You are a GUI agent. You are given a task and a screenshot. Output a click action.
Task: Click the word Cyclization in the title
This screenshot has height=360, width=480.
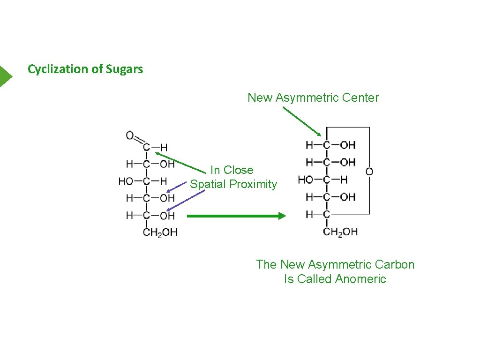[58, 69]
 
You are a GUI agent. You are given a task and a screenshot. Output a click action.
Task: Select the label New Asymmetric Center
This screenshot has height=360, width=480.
[313, 97]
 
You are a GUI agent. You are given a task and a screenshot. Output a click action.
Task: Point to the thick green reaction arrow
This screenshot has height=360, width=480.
[236, 216]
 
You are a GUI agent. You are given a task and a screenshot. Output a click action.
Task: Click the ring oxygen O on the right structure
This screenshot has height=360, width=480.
[369, 172]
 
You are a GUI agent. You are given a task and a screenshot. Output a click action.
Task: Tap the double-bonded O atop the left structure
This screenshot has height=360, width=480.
[130, 136]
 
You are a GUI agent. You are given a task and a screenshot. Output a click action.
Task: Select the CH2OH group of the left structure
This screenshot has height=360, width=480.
[160, 232]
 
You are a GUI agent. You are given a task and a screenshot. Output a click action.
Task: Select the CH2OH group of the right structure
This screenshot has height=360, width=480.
[340, 231]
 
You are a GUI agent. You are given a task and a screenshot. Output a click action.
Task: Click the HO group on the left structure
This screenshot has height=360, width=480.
[126, 181]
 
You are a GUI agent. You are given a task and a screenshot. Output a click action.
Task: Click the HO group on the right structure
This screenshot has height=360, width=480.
[306, 180]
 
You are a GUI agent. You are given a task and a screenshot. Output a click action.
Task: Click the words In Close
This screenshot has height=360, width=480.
[232, 170]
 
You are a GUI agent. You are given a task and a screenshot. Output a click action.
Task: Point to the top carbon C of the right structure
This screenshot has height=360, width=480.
[326, 145]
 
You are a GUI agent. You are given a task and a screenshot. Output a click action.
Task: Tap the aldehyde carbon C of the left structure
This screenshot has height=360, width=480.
[147, 148]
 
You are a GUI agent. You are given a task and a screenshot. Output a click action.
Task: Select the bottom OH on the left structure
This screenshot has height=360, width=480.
[167, 216]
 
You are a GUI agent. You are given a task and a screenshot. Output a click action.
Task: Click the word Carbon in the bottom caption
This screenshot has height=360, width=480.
[396, 264]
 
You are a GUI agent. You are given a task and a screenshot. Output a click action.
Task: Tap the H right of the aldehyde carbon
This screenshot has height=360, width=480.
[164, 148]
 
